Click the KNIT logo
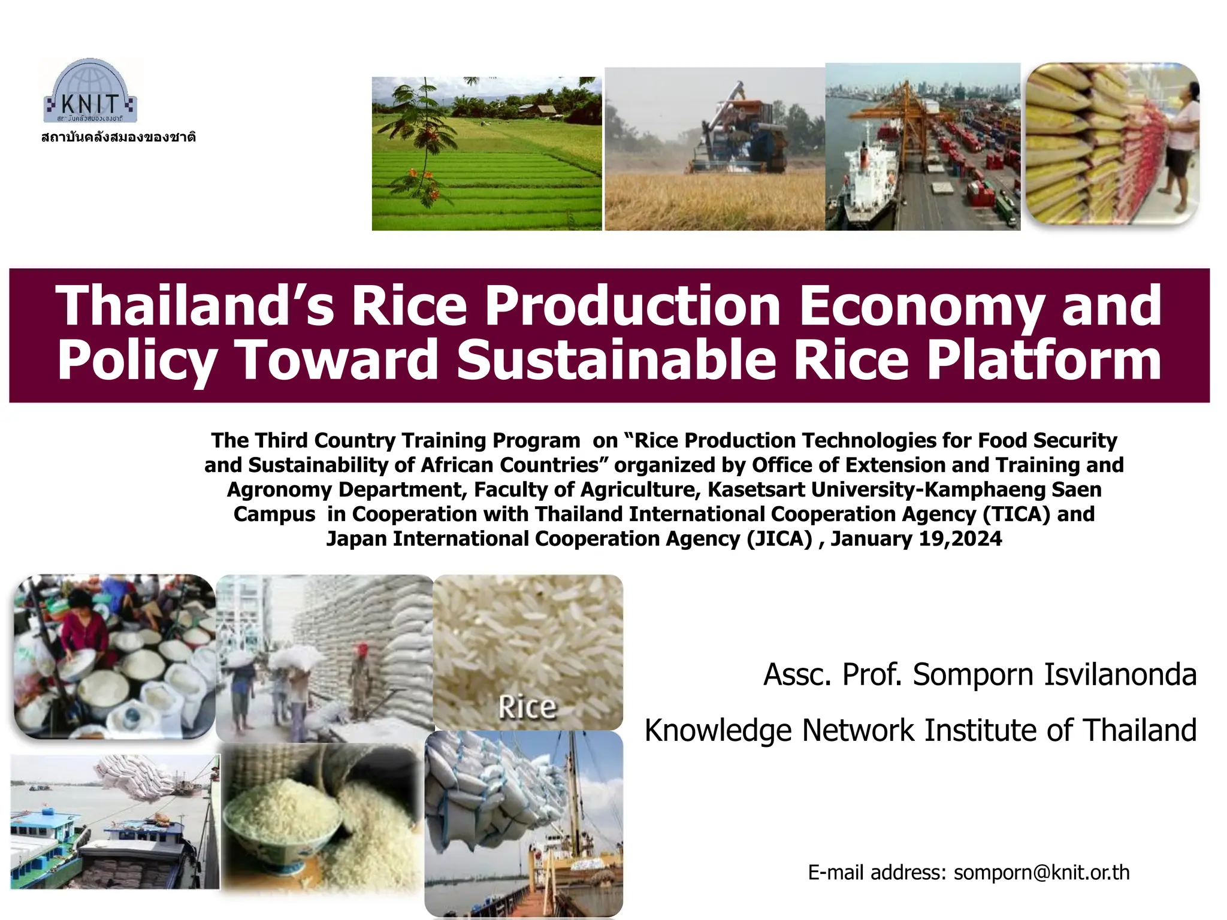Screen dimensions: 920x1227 (x=91, y=92)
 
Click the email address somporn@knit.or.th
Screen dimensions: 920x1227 (x=1041, y=873)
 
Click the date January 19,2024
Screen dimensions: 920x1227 (x=916, y=538)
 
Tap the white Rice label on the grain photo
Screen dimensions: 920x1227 (x=527, y=707)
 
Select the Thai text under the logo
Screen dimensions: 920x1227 (x=119, y=137)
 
